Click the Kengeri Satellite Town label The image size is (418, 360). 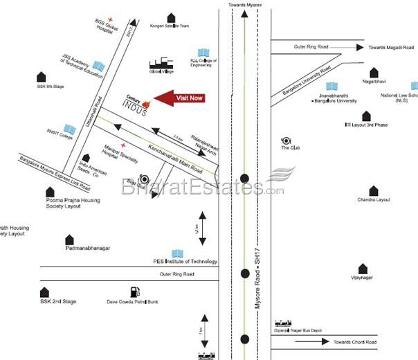coord(170,26)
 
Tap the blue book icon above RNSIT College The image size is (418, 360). coord(69,129)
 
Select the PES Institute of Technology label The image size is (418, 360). coord(185,261)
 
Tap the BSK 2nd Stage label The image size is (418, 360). coord(58,302)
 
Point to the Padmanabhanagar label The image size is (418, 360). coord(88,247)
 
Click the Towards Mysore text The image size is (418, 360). coord(246,6)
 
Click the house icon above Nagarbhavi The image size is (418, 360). coord(374,72)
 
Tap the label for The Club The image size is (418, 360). coord(289,147)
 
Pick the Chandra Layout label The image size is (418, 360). coord(374,200)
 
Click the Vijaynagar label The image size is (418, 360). coord(362,278)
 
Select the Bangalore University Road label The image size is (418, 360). coord(307,82)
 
